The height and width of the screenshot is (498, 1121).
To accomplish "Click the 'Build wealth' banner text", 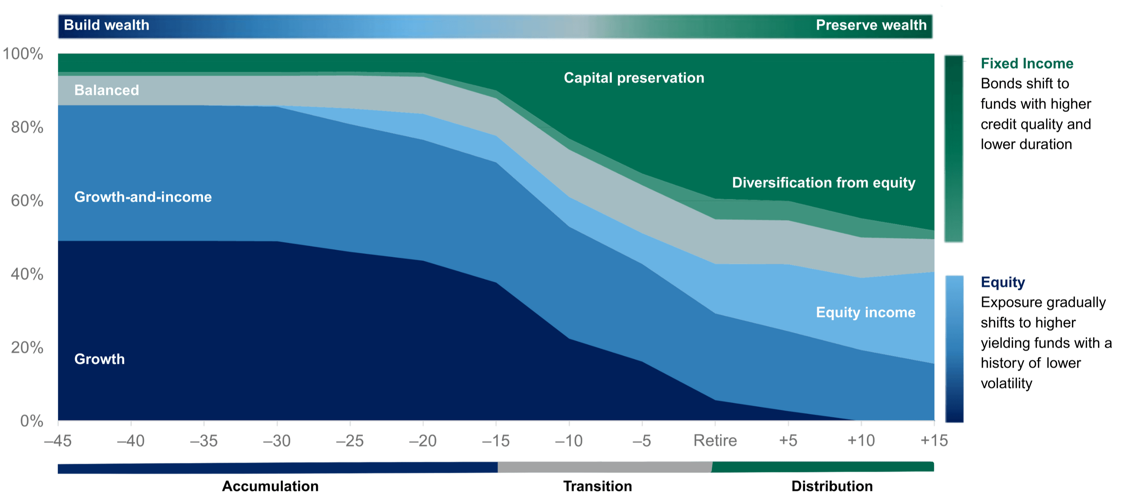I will coord(106,25).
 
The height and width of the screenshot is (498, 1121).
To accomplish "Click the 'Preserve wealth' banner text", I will coord(871,25).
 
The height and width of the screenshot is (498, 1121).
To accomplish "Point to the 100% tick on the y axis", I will coord(23,54).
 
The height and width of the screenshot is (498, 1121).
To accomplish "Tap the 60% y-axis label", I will coord(27,201).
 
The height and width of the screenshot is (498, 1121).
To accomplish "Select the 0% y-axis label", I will coord(31,421).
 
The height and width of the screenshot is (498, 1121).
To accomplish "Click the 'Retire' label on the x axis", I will coord(715,441).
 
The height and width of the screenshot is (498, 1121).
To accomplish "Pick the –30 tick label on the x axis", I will coord(277,441).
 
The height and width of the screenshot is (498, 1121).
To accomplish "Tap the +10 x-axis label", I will coord(861,441).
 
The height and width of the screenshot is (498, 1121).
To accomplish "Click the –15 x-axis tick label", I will coord(496,441).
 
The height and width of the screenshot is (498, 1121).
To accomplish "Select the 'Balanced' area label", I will coord(106,90).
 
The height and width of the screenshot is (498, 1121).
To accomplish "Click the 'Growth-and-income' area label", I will coord(143,197).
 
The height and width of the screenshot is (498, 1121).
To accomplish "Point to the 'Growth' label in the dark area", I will coord(99,359).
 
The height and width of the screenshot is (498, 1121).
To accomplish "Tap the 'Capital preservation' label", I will coord(634,78).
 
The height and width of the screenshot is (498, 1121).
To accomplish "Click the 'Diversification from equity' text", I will coord(823,183).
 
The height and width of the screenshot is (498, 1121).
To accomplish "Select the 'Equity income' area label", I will coord(865,312).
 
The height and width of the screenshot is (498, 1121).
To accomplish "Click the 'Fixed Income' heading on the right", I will coord(1027,64).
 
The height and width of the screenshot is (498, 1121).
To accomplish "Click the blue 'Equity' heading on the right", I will coord(1003,282).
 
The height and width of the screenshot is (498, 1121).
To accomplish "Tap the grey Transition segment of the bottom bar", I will coord(604,467).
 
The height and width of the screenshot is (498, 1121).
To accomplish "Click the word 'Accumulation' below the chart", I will coord(271,486).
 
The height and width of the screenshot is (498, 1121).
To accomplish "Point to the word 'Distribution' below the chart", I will coord(831,486).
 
